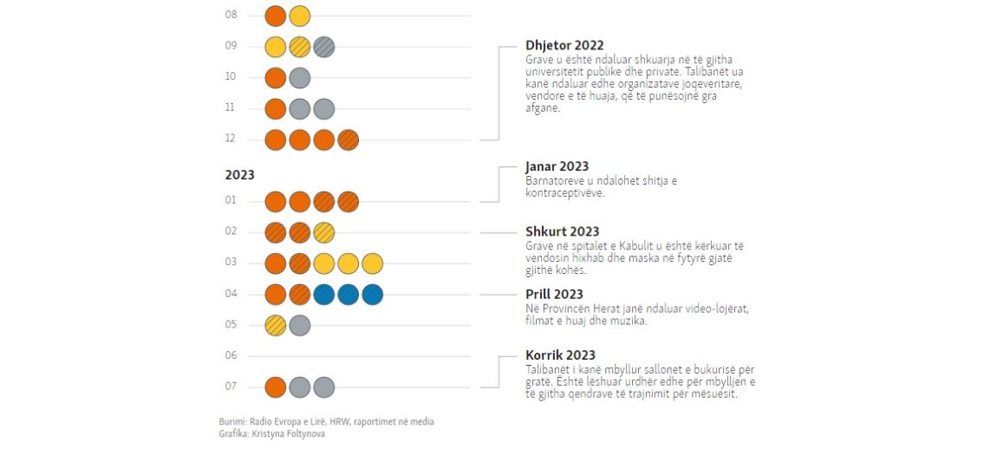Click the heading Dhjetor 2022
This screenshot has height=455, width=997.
564,46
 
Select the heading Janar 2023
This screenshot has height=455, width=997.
557,166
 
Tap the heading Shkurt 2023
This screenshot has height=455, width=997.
562,231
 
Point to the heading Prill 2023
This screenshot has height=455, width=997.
554,295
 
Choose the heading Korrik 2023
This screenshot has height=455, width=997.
559,355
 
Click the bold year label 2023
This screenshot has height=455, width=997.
239,174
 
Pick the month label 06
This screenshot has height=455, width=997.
231,355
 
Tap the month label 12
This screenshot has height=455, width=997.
231,139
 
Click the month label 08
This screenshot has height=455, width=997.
231,16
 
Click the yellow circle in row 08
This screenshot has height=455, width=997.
300,16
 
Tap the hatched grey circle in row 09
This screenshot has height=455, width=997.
324,47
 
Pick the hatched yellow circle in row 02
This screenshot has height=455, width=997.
324,232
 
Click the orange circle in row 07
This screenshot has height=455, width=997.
276,387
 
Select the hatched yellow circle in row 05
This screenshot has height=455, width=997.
276,325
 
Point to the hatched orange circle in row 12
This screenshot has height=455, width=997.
349,139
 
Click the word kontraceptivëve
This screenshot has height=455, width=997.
564,193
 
